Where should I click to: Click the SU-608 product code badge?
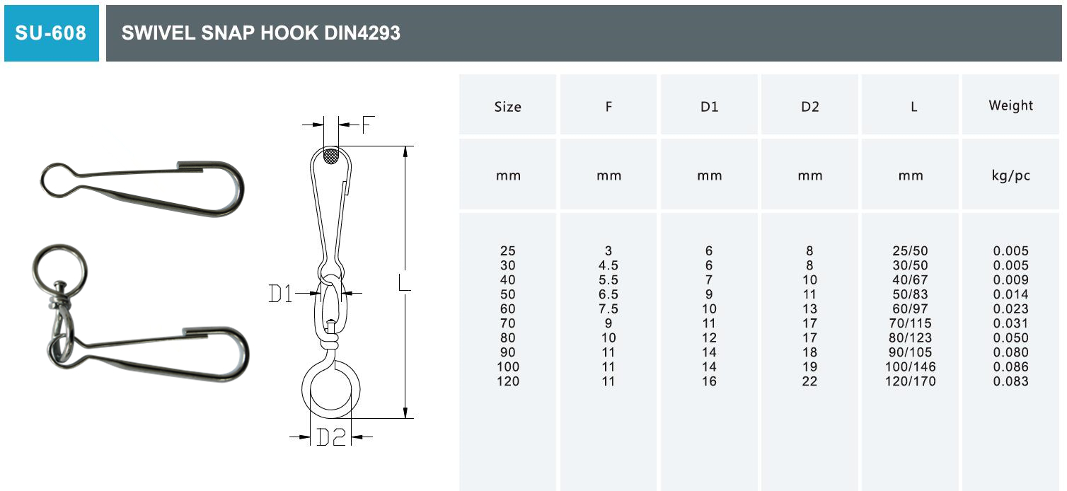coord(51,33)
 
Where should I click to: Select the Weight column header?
coord(1010,105)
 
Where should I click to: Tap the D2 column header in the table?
coord(809,107)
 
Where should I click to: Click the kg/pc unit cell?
coord(1010,175)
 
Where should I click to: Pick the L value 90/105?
coord(910,352)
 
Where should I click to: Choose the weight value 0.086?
coord(1010,366)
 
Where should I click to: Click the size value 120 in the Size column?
coord(507,381)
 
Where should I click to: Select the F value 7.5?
coord(608,308)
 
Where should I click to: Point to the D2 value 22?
coord(809,381)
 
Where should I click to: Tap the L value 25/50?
coord(910,250)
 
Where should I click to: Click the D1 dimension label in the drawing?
coord(281,293)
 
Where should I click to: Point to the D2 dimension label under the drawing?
coord(330,437)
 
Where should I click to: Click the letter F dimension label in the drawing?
coord(367,125)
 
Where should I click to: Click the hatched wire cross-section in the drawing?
coord(331,156)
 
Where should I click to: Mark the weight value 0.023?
coord(1010,308)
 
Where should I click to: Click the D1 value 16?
coord(709,381)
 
